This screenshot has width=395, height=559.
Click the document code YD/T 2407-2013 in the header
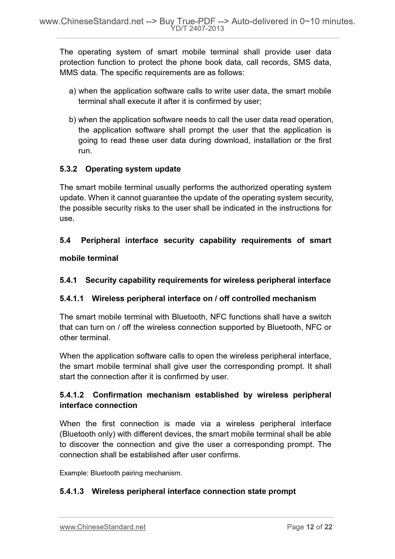(197, 28)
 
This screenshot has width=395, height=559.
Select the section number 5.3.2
(68, 169)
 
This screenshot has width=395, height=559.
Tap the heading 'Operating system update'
(133, 169)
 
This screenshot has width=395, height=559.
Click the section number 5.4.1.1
(71, 298)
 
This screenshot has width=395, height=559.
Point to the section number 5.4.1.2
(72, 395)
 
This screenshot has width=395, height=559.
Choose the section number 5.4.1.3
(71, 491)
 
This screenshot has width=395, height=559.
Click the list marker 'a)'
(72, 91)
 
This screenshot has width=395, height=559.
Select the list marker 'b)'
(72, 120)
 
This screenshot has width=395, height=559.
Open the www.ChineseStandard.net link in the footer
(103, 527)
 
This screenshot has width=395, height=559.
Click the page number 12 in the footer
(310, 527)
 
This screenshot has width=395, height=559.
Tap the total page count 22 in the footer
(328, 527)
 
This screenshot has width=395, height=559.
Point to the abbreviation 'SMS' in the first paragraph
(302, 62)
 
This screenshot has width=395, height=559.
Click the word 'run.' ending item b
(85, 151)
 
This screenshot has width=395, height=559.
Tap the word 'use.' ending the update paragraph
(67, 219)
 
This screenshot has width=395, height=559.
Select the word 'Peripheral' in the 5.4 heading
(100, 240)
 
